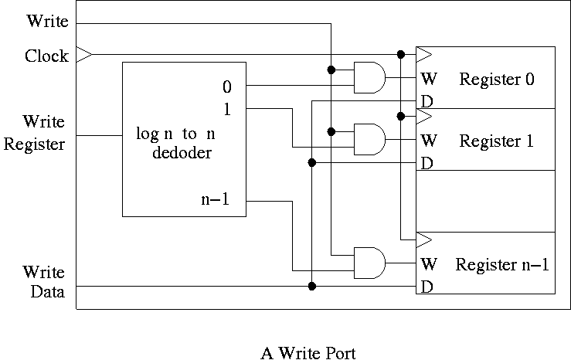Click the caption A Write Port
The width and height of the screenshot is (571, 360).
tap(308, 353)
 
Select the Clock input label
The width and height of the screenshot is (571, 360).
tap(46, 56)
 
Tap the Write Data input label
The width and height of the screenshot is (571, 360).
tap(43, 282)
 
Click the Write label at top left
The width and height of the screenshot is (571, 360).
tap(47, 21)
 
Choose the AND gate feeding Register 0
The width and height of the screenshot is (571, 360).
tap(369, 77)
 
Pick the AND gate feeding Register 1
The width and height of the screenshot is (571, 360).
tap(369, 139)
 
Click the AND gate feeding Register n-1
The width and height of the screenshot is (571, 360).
tap(369, 263)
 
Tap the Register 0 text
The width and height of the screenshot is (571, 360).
tap(497, 79)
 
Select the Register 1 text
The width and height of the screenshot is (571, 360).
tap(497, 141)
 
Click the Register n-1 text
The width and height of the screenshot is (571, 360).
tap(501, 264)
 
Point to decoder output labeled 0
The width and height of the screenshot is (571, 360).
tap(227, 86)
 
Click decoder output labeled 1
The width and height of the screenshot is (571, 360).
tap(227, 109)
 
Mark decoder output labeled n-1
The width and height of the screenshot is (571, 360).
tap(216, 202)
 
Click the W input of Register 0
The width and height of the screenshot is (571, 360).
tap(429, 79)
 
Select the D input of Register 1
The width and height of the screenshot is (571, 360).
tap(427, 163)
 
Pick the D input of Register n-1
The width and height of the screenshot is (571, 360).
tap(427, 287)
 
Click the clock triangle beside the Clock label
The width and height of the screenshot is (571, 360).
tap(84, 55)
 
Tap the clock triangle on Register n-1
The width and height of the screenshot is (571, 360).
tap(423, 239)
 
